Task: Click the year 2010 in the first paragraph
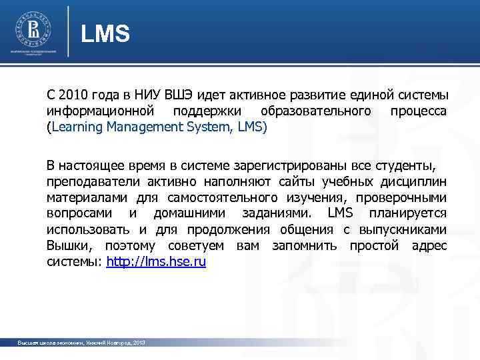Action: (x=73, y=93)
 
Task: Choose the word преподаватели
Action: (x=85, y=182)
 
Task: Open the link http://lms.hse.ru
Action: (x=156, y=262)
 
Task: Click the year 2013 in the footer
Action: (x=138, y=342)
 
